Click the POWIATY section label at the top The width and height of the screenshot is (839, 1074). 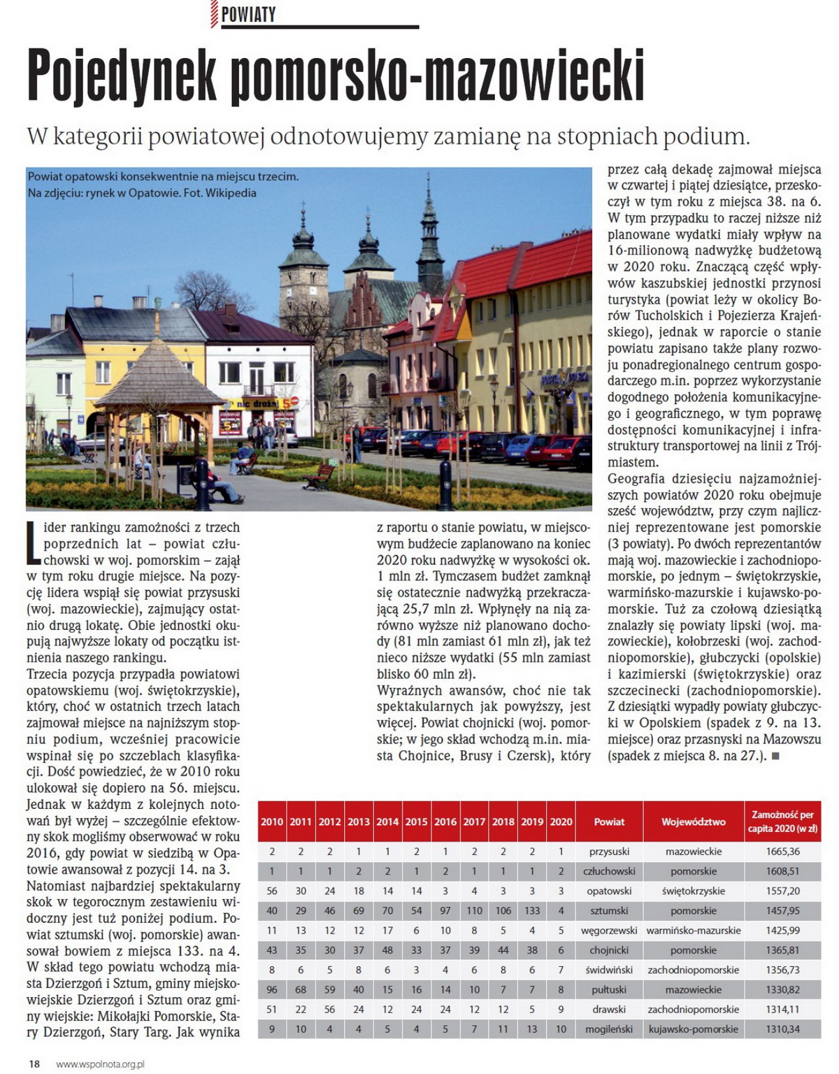click(x=248, y=15)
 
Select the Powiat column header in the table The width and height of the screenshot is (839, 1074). click(x=609, y=822)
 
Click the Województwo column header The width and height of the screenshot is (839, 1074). click(x=694, y=822)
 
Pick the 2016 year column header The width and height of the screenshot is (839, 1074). click(x=445, y=822)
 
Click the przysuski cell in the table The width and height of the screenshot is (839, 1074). click(x=609, y=852)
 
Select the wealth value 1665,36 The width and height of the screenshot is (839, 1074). click(x=782, y=852)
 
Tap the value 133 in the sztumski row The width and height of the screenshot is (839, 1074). click(x=532, y=911)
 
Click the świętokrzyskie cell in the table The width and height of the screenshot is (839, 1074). click(x=694, y=892)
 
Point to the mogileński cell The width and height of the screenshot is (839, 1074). click(x=609, y=1029)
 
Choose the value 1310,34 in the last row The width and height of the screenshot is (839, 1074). click(x=782, y=1029)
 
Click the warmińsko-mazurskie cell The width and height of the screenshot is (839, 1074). click(x=694, y=931)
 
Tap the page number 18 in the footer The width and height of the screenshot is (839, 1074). click(x=34, y=1064)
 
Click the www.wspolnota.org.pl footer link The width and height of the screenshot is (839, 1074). click(x=100, y=1064)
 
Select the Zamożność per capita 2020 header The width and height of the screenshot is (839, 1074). click(x=782, y=822)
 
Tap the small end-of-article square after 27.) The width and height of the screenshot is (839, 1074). click(x=775, y=756)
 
